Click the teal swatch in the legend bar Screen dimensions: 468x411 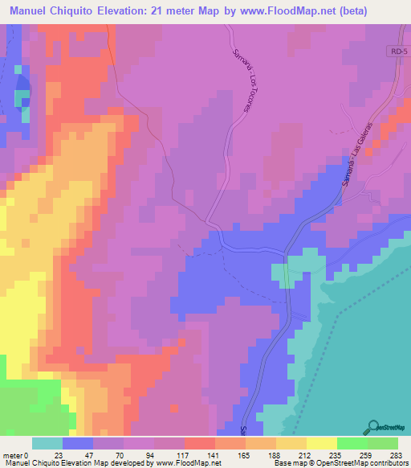[x=47, y=443]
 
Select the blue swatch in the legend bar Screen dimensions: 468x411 [x=78, y=443]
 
